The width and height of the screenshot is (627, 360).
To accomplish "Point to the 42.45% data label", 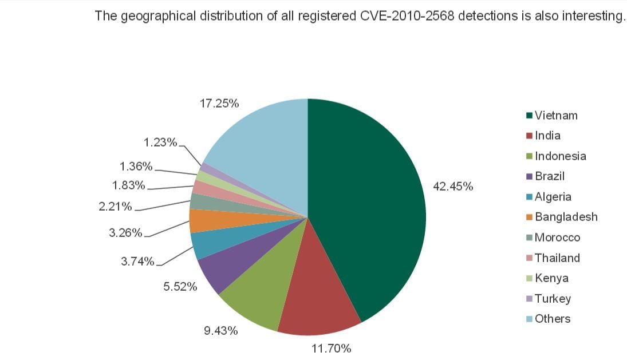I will coord(453,187).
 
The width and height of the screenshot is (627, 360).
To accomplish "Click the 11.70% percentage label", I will coord(331,348).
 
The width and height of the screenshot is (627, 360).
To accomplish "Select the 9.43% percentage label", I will coord(221,331).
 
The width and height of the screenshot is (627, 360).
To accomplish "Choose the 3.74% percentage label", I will coord(137,262).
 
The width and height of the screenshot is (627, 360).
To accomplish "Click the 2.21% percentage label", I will coord(116,206).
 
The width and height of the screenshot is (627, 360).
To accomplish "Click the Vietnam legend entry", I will coord(556,116).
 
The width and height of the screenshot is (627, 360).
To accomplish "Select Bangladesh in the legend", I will coord(566,217).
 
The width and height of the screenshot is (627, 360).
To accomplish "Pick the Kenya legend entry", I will coord(551,278).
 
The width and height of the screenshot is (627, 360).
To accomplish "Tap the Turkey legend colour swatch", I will coord(530,299).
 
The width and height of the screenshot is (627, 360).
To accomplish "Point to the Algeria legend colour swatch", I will coord(530,197).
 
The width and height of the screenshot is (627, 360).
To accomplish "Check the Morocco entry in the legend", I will coord(557,238).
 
